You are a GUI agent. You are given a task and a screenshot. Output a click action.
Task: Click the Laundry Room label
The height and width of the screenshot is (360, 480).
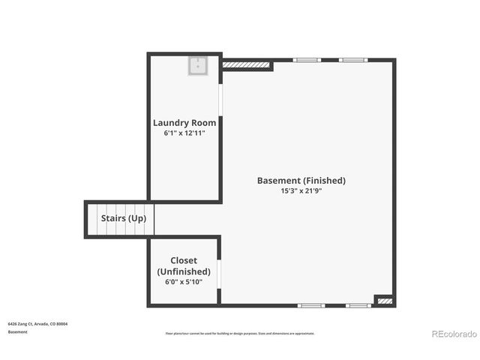coord(184,123)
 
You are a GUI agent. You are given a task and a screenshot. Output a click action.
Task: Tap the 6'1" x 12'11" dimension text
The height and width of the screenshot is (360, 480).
coord(184,133)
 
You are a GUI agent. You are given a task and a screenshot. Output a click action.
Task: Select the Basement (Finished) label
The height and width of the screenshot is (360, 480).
coord(301,180)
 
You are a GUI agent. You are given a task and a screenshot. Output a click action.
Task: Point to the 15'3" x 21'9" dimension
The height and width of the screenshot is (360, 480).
coord(301,190)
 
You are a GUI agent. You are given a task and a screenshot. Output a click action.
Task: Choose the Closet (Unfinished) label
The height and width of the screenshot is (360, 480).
coord(184,265)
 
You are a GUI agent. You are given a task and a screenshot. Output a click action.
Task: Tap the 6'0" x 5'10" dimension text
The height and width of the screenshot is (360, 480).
coord(184,282)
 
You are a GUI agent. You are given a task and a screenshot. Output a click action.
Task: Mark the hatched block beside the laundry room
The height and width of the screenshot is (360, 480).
coord(247,65)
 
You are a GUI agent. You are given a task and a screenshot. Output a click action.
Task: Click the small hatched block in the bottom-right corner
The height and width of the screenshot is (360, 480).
coord(385,301)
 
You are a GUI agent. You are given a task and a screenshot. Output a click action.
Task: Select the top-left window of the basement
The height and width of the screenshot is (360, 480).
coord(306,60)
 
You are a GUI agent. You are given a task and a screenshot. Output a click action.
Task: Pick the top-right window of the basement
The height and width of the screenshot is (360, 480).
coord(352,60)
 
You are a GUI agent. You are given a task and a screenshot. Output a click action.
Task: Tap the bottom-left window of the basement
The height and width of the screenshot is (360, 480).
coord(311,305)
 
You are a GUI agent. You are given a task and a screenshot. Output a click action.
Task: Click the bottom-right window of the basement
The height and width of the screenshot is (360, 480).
coord(358,305)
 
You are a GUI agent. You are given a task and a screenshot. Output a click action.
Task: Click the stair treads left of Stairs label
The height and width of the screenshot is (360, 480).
coord(92,219)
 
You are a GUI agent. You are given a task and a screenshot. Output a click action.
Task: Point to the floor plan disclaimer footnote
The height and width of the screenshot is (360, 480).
coord(240,334)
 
